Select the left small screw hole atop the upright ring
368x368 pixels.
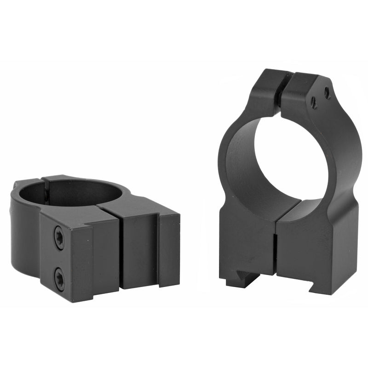[313, 103]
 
